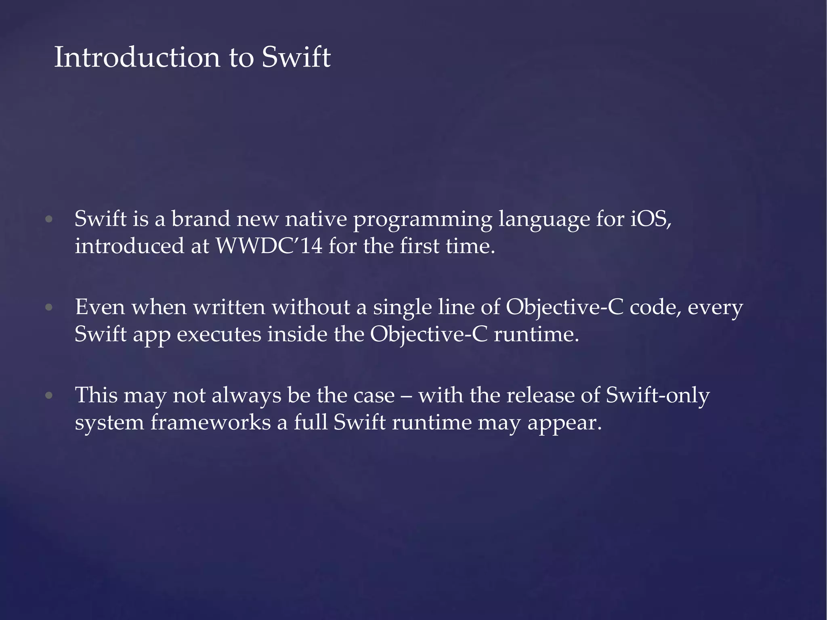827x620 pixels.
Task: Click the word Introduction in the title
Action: point(137,57)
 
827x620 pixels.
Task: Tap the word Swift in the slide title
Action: point(296,57)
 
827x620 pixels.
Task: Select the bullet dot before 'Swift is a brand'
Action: point(49,220)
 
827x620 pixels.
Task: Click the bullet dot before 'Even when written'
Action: point(49,308)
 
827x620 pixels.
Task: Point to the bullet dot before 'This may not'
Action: point(49,396)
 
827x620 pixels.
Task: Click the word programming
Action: point(422,220)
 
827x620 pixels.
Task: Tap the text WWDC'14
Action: point(269,246)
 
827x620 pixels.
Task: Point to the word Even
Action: point(100,307)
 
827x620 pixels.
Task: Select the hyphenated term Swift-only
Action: point(658,396)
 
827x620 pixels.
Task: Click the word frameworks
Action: point(210,423)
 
